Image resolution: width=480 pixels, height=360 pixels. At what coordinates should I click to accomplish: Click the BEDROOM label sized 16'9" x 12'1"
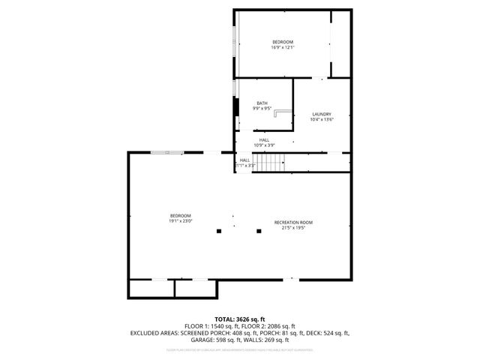(282, 42)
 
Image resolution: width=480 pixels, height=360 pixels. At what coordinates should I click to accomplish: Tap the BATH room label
(262, 103)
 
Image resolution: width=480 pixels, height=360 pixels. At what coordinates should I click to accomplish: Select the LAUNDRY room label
(321, 115)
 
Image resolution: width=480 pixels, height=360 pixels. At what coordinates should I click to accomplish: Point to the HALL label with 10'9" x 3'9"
(264, 140)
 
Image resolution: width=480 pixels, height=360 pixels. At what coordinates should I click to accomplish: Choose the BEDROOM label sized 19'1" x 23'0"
(180, 216)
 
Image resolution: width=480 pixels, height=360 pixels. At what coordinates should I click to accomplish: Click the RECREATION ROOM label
(293, 223)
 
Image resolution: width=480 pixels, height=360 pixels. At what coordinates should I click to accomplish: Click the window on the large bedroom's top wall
(165, 153)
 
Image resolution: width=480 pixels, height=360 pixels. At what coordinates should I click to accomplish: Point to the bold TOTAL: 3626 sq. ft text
(240, 319)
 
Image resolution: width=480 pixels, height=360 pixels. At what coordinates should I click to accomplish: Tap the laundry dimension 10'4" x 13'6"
(321, 119)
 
